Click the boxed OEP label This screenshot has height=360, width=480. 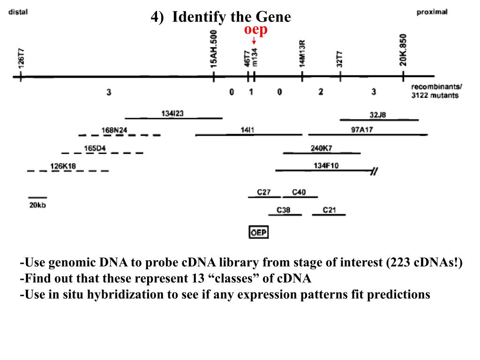click(x=258, y=232)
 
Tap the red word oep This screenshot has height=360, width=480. click(x=255, y=30)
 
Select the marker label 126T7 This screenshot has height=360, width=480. click(x=21, y=58)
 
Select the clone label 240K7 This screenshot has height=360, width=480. click(x=321, y=148)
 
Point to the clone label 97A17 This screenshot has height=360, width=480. click(x=362, y=130)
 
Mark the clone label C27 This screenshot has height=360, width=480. click(x=264, y=192)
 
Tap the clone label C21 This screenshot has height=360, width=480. click(x=329, y=210)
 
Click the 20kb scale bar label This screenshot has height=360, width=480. click(x=37, y=205)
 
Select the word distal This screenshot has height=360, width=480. click(x=18, y=12)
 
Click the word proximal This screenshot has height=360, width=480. click(x=432, y=12)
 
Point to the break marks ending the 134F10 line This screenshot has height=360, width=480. click(x=374, y=171)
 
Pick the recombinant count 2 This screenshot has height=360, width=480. click(x=321, y=92)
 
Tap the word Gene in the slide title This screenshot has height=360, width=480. click(x=273, y=17)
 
